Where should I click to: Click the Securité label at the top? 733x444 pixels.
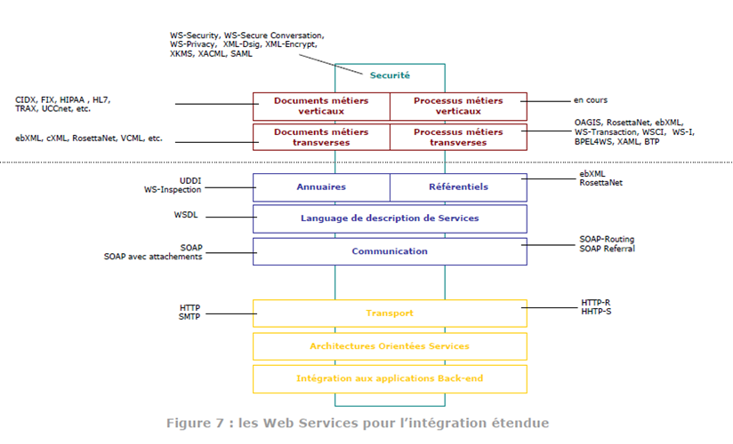[390, 75]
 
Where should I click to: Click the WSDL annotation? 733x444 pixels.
[186, 215]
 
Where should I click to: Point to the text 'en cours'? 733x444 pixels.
[591, 100]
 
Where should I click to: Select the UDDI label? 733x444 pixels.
[190, 180]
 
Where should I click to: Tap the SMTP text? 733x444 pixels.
[189, 316]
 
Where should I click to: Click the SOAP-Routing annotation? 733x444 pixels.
[607, 239]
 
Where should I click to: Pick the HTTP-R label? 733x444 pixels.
[596, 303]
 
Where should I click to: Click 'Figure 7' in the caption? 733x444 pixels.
[196, 423]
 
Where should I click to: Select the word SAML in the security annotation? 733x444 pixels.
[241, 53]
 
